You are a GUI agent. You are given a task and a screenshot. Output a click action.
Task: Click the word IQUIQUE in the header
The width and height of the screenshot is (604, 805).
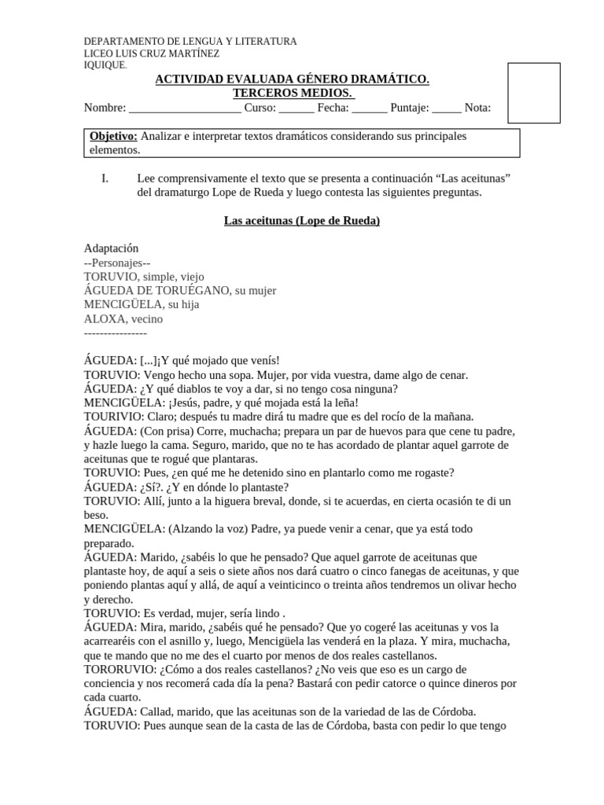click(104, 65)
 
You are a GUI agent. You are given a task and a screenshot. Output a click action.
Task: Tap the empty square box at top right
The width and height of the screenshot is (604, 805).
click(533, 94)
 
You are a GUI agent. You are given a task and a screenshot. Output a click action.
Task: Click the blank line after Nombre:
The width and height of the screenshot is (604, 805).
click(185, 108)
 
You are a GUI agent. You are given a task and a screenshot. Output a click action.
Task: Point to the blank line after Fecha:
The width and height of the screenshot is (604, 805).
click(369, 108)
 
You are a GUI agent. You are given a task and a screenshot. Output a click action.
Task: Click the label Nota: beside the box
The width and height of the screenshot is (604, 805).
click(477, 108)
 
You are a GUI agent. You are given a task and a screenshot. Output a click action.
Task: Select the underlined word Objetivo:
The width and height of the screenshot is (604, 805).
click(113, 136)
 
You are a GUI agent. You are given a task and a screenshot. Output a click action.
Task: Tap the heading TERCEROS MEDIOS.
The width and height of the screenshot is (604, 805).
click(292, 94)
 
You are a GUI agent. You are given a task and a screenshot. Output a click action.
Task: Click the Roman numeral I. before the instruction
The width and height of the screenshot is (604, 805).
click(105, 178)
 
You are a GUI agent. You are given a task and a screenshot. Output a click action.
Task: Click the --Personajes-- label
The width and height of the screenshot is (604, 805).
click(116, 263)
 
